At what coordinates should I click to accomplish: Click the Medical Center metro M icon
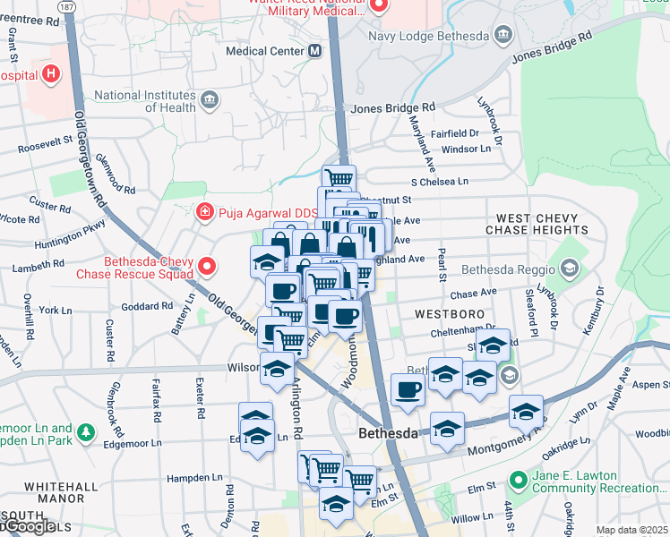[314, 51]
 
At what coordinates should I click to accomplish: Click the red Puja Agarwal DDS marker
[204, 212]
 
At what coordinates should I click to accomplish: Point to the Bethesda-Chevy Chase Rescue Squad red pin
[207, 266]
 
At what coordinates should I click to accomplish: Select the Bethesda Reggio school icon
[568, 268]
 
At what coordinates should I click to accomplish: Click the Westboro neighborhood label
[449, 315]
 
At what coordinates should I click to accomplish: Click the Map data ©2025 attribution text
[631, 530]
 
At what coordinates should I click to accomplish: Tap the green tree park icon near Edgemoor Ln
[86, 433]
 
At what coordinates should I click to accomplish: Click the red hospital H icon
[51, 73]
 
